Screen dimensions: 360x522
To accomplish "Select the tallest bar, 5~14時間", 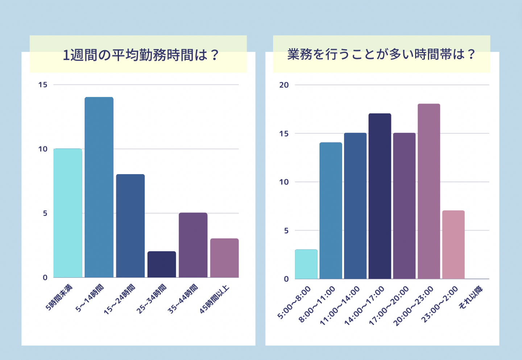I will pos(99,187).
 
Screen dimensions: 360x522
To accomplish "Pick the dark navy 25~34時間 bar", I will pos(162,264).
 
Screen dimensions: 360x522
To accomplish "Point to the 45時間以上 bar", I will pos(224,258).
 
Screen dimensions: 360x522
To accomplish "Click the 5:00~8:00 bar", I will pos(306,264).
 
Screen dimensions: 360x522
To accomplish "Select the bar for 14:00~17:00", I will pos(380,196).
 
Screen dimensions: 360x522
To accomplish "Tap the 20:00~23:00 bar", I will pos(429,191).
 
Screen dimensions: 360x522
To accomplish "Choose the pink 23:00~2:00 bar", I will pos(453,244).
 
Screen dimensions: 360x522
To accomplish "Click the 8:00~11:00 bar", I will pos(331,210).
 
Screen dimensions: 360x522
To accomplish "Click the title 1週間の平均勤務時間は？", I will pos(141,55).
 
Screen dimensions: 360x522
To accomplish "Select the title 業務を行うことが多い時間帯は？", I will pos(381,54).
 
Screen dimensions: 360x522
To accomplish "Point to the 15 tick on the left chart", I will pos(43,85).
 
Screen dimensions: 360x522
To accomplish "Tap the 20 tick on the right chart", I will pos(284,85).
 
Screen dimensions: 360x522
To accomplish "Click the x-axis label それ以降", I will pos(471,298).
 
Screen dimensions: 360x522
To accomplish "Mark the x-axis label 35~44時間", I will pos(183,299).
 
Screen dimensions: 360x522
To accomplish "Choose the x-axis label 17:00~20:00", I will pos(389,305).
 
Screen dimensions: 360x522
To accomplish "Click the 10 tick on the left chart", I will pos(43,149).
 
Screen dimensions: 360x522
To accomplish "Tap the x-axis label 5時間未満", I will pos(59,297).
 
